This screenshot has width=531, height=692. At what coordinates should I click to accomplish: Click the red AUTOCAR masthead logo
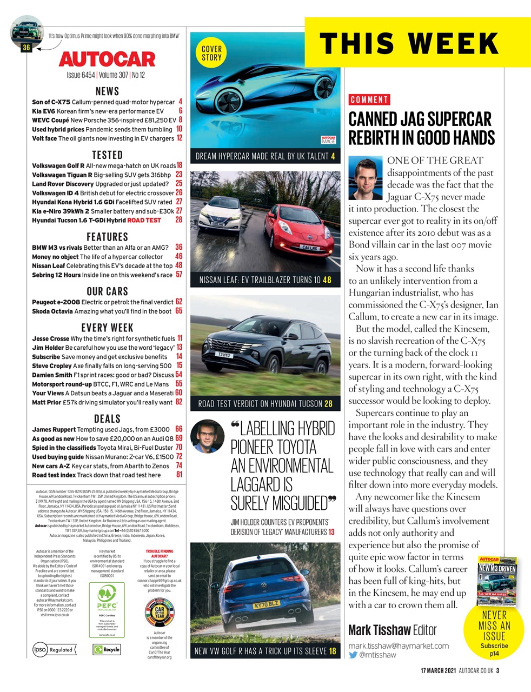click(x=107, y=58)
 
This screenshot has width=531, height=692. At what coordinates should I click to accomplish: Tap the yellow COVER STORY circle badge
click(x=211, y=53)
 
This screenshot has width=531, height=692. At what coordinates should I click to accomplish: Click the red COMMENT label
click(x=369, y=99)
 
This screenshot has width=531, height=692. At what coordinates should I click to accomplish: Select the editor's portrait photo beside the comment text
click(x=366, y=178)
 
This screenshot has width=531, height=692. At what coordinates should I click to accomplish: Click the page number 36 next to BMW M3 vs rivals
click(x=178, y=247)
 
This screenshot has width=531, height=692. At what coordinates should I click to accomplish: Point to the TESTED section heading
click(x=107, y=155)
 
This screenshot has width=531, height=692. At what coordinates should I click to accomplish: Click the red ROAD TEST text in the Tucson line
click(x=144, y=221)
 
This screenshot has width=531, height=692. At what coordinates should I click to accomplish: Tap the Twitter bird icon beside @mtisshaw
click(x=353, y=655)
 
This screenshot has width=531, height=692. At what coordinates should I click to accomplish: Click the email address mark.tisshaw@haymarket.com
click(x=399, y=646)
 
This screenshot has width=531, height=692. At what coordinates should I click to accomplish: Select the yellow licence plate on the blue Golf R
click(x=265, y=604)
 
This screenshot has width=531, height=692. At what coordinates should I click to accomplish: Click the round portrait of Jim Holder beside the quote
click(x=208, y=436)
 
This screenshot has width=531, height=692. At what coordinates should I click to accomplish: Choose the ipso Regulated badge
click(x=53, y=649)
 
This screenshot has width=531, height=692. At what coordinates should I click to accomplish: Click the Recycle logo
click(x=107, y=649)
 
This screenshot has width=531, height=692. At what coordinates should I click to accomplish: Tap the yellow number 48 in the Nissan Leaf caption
click(x=327, y=280)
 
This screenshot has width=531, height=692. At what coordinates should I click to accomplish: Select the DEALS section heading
click(x=107, y=418)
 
